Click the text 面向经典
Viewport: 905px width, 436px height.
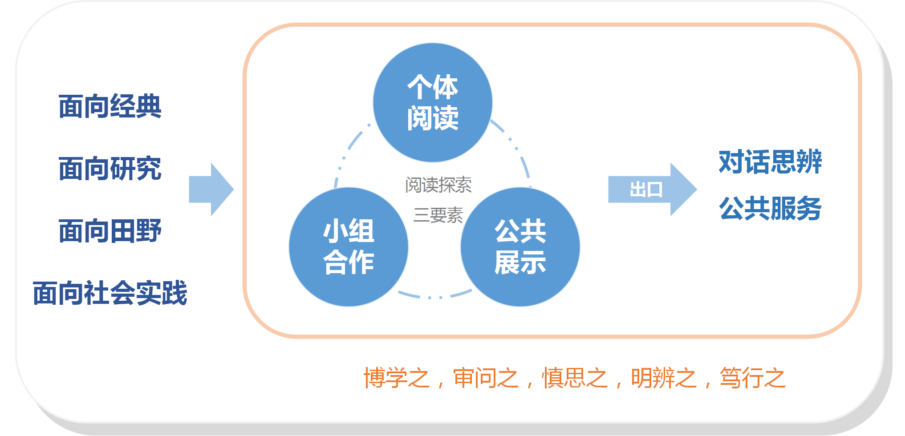pyautogui.click(x=110, y=106)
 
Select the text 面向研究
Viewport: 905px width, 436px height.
pyautogui.click(x=110, y=169)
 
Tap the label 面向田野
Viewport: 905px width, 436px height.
pyautogui.click(x=110, y=231)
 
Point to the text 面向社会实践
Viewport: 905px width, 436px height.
pyautogui.click(x=110, y=293)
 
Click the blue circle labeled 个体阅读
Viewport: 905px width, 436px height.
pyautogui.click(x=433, y=103)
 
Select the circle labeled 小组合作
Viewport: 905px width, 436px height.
pyautogui.click(x=349, y=247)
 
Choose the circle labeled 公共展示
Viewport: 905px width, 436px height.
pyautogui.click(x=520, y=247)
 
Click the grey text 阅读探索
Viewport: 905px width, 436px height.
pyautogui.click(x=438, y=185)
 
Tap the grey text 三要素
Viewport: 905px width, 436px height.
pyautogui.click(x=438, y=215)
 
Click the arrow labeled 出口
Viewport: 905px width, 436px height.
pyautogui.click(x=653, y=190)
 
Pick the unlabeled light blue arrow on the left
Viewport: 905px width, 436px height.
pyautogui.click(x=211, y=190)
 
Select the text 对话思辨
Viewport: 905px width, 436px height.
pyautogui.click(x=771, y=162)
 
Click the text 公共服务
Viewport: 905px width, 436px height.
pyautogui.click(x=771, y=208)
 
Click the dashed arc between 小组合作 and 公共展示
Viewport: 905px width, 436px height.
pyautogui.click(x=435, y=297)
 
